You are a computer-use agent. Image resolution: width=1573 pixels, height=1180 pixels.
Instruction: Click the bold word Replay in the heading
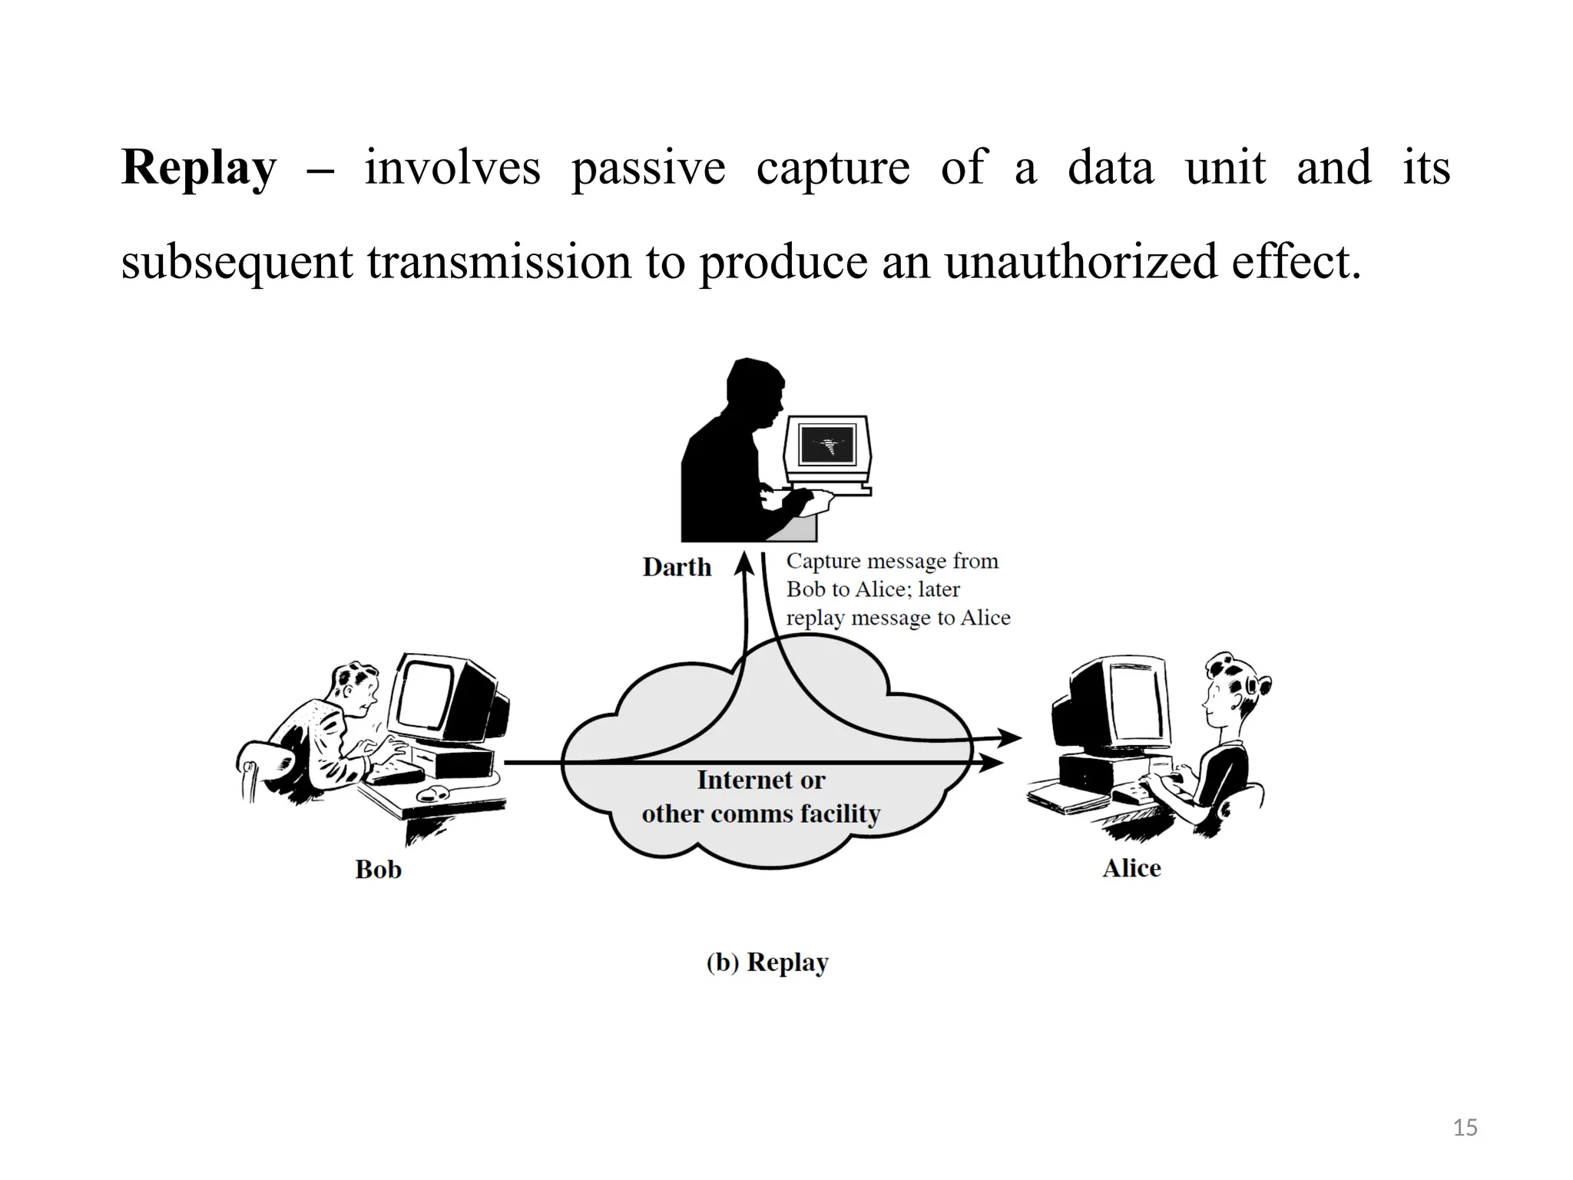pyautogui.click(x=198, y=167)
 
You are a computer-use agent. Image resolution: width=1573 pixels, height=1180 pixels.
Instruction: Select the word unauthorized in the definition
pyautogui.click(x=1080, y=261)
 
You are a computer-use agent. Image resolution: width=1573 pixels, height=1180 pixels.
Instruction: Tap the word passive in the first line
pyautogui.click(x=647, y=167)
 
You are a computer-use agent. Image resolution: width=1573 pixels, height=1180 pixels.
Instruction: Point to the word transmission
pyautogui.click(x=498, y=261)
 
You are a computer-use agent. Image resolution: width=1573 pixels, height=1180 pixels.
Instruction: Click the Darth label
pyautogui.click(x=677, y=568)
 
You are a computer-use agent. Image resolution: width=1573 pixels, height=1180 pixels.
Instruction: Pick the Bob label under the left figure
pyautogui.click(x=378, y=870)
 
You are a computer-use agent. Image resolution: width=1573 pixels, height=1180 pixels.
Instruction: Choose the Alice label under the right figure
pyautogui.click(x=1131, y=868)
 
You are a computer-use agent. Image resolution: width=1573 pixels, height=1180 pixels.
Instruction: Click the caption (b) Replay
pyautogui.click(x=767, y=963)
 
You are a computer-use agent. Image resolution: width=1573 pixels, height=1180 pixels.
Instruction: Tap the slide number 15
pyautogui.click(x=1465, y=1128)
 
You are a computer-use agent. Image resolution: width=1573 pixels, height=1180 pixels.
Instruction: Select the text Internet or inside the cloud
pyautogui.click(x=760, y=780)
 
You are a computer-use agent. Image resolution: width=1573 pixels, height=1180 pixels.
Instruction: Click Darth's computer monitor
pyautogui.click(x=827, y=446)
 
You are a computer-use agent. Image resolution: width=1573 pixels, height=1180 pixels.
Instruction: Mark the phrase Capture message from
pyautogui.click(x=892, y=562)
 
